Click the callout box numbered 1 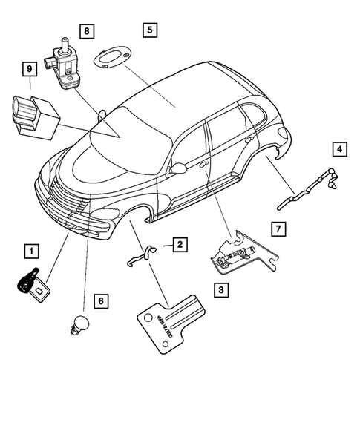click(x=32, y=251)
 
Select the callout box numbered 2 click(x=180, y=243)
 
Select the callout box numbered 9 click(x=30, y=70)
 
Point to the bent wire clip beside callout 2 click(x=140, y=255)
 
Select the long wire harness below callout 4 click(x=304, y=191)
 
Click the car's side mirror click(x=177, y=169)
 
